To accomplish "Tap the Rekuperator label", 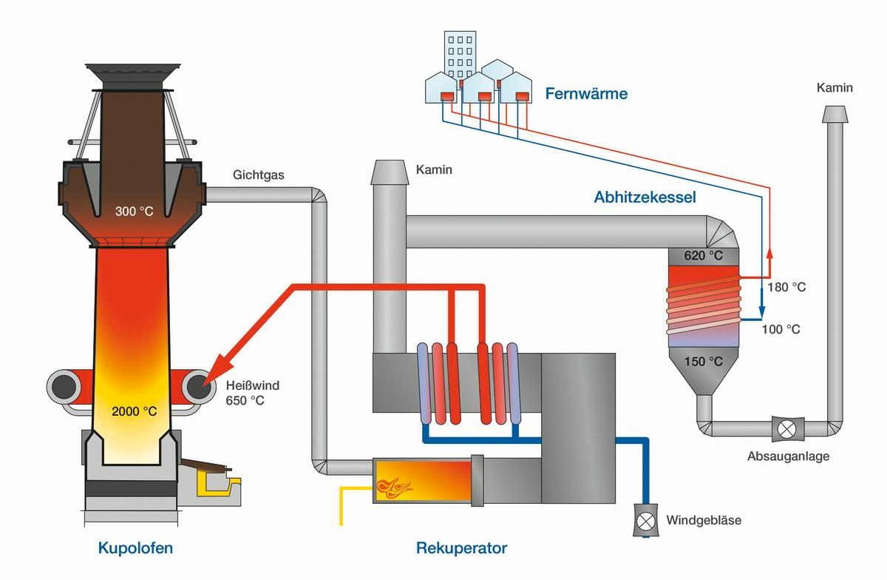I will point(461,548).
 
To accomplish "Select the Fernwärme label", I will point(586,94).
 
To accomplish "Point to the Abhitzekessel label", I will point(645,198).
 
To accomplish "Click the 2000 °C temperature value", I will point(134,412).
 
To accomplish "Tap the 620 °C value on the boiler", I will point(704,256).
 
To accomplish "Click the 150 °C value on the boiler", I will point(704,362).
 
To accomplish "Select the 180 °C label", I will point(786,287).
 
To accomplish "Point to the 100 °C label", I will point(781,329).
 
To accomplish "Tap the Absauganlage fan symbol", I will point(784,428).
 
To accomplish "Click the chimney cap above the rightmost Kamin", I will point(835,114).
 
